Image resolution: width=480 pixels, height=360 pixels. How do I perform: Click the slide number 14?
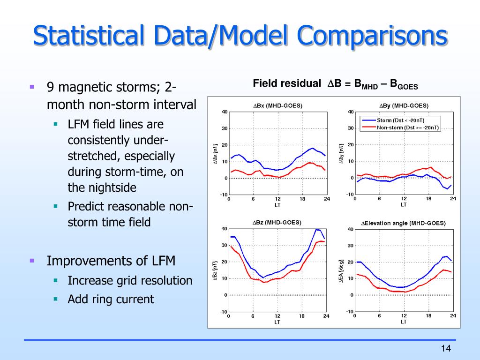(x=445, y=348)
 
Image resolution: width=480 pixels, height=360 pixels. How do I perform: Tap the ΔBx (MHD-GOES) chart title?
(x=278, y=105)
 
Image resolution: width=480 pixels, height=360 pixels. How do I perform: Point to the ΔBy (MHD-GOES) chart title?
(x=404, y=105)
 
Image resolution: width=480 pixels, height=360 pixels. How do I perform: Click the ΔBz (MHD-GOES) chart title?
(x=277, y=222)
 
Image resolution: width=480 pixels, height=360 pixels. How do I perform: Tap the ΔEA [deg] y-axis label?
(x=342, y=271)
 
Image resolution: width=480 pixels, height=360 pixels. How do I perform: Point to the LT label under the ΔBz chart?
(x=277, y=322)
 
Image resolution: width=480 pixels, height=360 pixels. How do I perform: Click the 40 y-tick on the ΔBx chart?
(x=225, y=112)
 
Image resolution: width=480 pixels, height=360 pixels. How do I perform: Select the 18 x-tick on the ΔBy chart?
(x=428, y=199)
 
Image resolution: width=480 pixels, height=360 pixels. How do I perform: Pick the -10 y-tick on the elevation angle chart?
(x=349, y=312)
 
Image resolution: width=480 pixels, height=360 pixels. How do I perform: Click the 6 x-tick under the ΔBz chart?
(x=253, y=316)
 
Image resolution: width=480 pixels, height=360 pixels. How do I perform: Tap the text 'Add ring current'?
(x=111, y=299)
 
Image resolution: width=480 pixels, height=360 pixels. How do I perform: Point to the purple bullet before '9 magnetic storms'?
(x=32, y=87)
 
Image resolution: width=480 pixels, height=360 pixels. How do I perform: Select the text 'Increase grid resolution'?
(x=130, y=281)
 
